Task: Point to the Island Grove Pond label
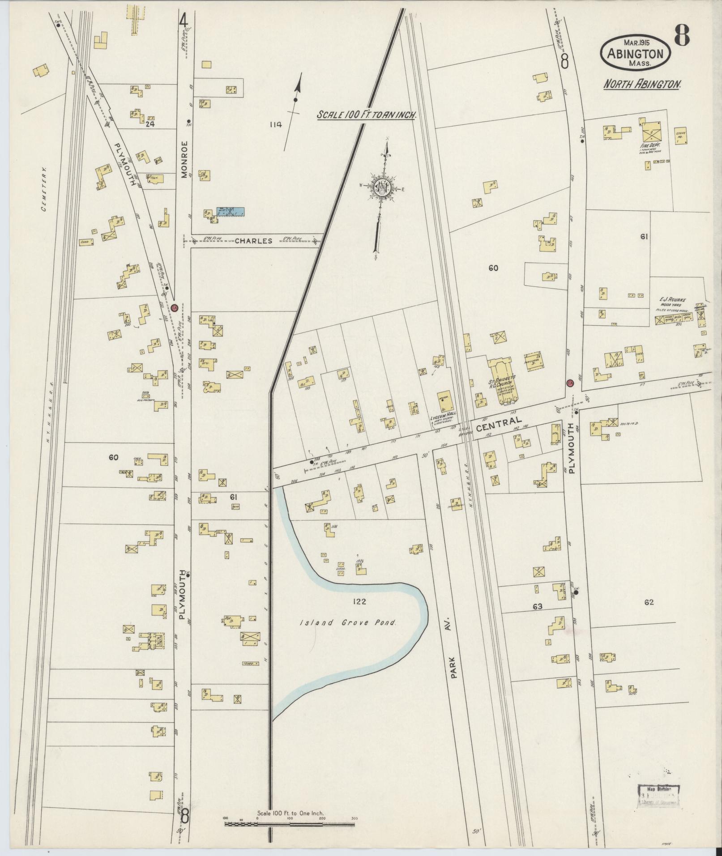tap(348, 622)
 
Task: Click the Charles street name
tap(253, 241)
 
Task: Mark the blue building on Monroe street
tap(231, 212)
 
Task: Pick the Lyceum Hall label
tap(443, 416)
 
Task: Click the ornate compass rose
tap(381, 186)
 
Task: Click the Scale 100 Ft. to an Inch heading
tap(367, 115)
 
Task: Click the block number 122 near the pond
tap(359, 601)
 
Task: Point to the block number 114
tap(276, 125)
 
